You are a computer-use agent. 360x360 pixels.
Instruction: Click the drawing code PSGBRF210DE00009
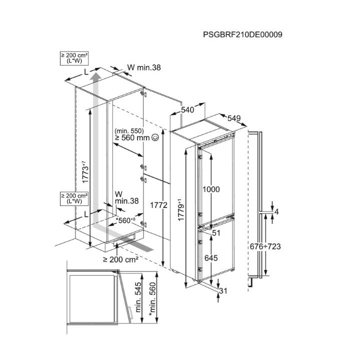coord(242,34)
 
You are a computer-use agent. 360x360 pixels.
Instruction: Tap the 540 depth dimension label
coord(187,109)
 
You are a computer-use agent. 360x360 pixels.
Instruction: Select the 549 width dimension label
coord(234,118)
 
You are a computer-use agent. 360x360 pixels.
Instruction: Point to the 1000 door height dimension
coord(211,189)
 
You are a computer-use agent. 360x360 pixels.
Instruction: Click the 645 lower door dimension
coord(211,258)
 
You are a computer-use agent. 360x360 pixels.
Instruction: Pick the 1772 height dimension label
coord(158,205)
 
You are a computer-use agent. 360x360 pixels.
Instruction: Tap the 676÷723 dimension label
coord(265,246)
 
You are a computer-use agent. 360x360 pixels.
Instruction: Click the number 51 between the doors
coord(216,233)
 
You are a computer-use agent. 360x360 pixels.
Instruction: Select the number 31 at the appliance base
coord(223,291)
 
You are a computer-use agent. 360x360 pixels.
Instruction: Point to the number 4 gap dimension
coord(276,211)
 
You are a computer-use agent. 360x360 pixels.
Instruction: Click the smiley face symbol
coord(155,137)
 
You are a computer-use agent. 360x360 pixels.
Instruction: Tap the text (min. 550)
coord(129,131)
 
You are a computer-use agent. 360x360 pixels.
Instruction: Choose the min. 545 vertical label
coord(138,297)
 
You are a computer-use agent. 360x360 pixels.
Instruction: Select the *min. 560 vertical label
coord(152,299)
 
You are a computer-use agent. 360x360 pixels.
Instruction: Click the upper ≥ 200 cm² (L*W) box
coord(74,58)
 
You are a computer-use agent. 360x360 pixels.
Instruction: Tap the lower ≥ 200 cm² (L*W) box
coord(74,198)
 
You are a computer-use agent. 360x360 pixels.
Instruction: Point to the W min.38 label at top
coord(144,67)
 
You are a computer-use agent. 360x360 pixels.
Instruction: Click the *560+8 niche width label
coord(125,220)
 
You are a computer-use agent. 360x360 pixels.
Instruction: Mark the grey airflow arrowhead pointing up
coord(96,76)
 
